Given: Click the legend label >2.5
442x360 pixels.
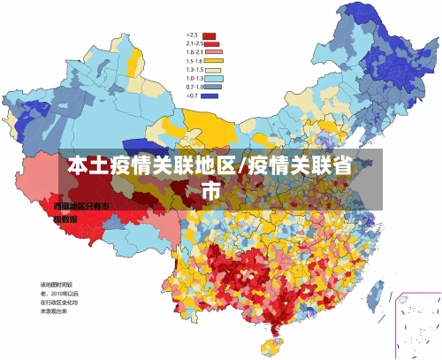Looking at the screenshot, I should coord(190,35).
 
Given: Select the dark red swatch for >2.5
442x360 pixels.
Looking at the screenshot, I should coord(210,36).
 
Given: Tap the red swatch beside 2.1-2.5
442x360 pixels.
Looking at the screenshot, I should coord(211,44).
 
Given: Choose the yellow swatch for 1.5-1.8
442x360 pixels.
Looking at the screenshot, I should coord(211,61).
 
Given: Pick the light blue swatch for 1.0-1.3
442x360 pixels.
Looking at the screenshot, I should coord(211,78).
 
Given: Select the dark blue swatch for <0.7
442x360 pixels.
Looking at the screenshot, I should coord(211,95).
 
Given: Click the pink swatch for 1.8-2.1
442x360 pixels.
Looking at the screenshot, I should coord(211,52).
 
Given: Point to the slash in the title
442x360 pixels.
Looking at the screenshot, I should coord(243,166).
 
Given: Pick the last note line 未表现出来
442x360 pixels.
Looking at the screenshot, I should coord(57,310).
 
